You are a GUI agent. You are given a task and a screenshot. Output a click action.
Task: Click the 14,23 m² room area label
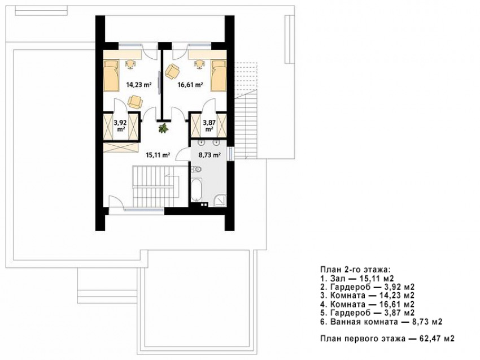139,85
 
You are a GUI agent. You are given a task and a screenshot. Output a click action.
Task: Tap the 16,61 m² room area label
190,85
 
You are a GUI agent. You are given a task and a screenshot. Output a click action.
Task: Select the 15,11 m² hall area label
158,155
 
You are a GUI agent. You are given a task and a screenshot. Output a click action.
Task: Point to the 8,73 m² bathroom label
210,155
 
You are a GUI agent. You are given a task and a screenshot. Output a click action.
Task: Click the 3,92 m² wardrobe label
120,125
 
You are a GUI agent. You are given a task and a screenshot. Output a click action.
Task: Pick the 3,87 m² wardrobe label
210,125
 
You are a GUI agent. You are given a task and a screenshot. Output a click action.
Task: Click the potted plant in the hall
163,128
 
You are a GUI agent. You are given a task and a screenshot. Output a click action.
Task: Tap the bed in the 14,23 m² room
111,76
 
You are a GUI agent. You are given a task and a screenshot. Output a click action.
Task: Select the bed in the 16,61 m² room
219,76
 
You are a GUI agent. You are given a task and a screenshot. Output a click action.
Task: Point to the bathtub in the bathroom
196,190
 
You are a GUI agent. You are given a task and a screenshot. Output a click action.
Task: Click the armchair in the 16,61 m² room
172,71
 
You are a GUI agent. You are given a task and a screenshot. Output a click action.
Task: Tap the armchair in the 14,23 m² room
135,102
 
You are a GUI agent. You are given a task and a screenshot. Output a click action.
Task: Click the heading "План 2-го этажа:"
355,270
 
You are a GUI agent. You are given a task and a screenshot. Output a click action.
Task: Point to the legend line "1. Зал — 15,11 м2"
357,279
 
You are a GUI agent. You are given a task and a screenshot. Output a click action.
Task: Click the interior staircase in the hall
156,186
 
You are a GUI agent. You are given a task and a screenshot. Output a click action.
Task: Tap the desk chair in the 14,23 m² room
130,64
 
